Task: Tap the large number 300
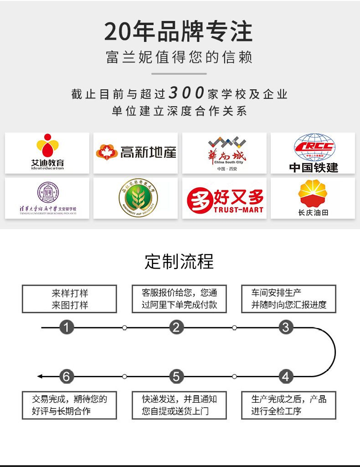point(186,93)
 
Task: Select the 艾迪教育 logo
point(47,153)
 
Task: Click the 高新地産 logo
point(136,152)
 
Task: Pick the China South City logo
point(224,153)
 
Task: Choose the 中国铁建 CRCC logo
point(313,153)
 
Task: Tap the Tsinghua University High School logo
point(47,198)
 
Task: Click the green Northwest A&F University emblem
point(136,198)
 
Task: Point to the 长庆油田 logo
point(313,198)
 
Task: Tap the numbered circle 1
point(67,327)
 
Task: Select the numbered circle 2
point(177,327)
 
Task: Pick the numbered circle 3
point(286,327)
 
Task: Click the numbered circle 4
point(286,377)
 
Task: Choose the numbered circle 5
point(177,377)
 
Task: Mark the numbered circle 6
point(67,377)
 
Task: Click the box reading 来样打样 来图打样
point(70,299)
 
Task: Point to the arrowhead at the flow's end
point(40,377)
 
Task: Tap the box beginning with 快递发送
point(179,405)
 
